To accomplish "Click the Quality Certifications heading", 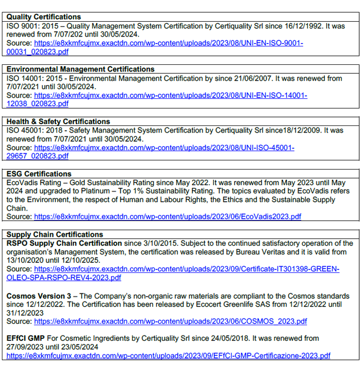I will (44, 17).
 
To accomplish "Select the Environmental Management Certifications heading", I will (80, 69).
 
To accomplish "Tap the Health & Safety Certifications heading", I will (58, 122).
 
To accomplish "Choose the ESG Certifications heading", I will (39, 174).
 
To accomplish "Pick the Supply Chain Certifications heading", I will (54, 234).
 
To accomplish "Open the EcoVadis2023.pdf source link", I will (167, 217).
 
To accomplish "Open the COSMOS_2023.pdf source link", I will (170, 321).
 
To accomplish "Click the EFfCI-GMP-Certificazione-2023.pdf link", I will (168, 355).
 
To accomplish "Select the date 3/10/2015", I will (154, 243).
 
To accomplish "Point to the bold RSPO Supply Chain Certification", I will (64, 243).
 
